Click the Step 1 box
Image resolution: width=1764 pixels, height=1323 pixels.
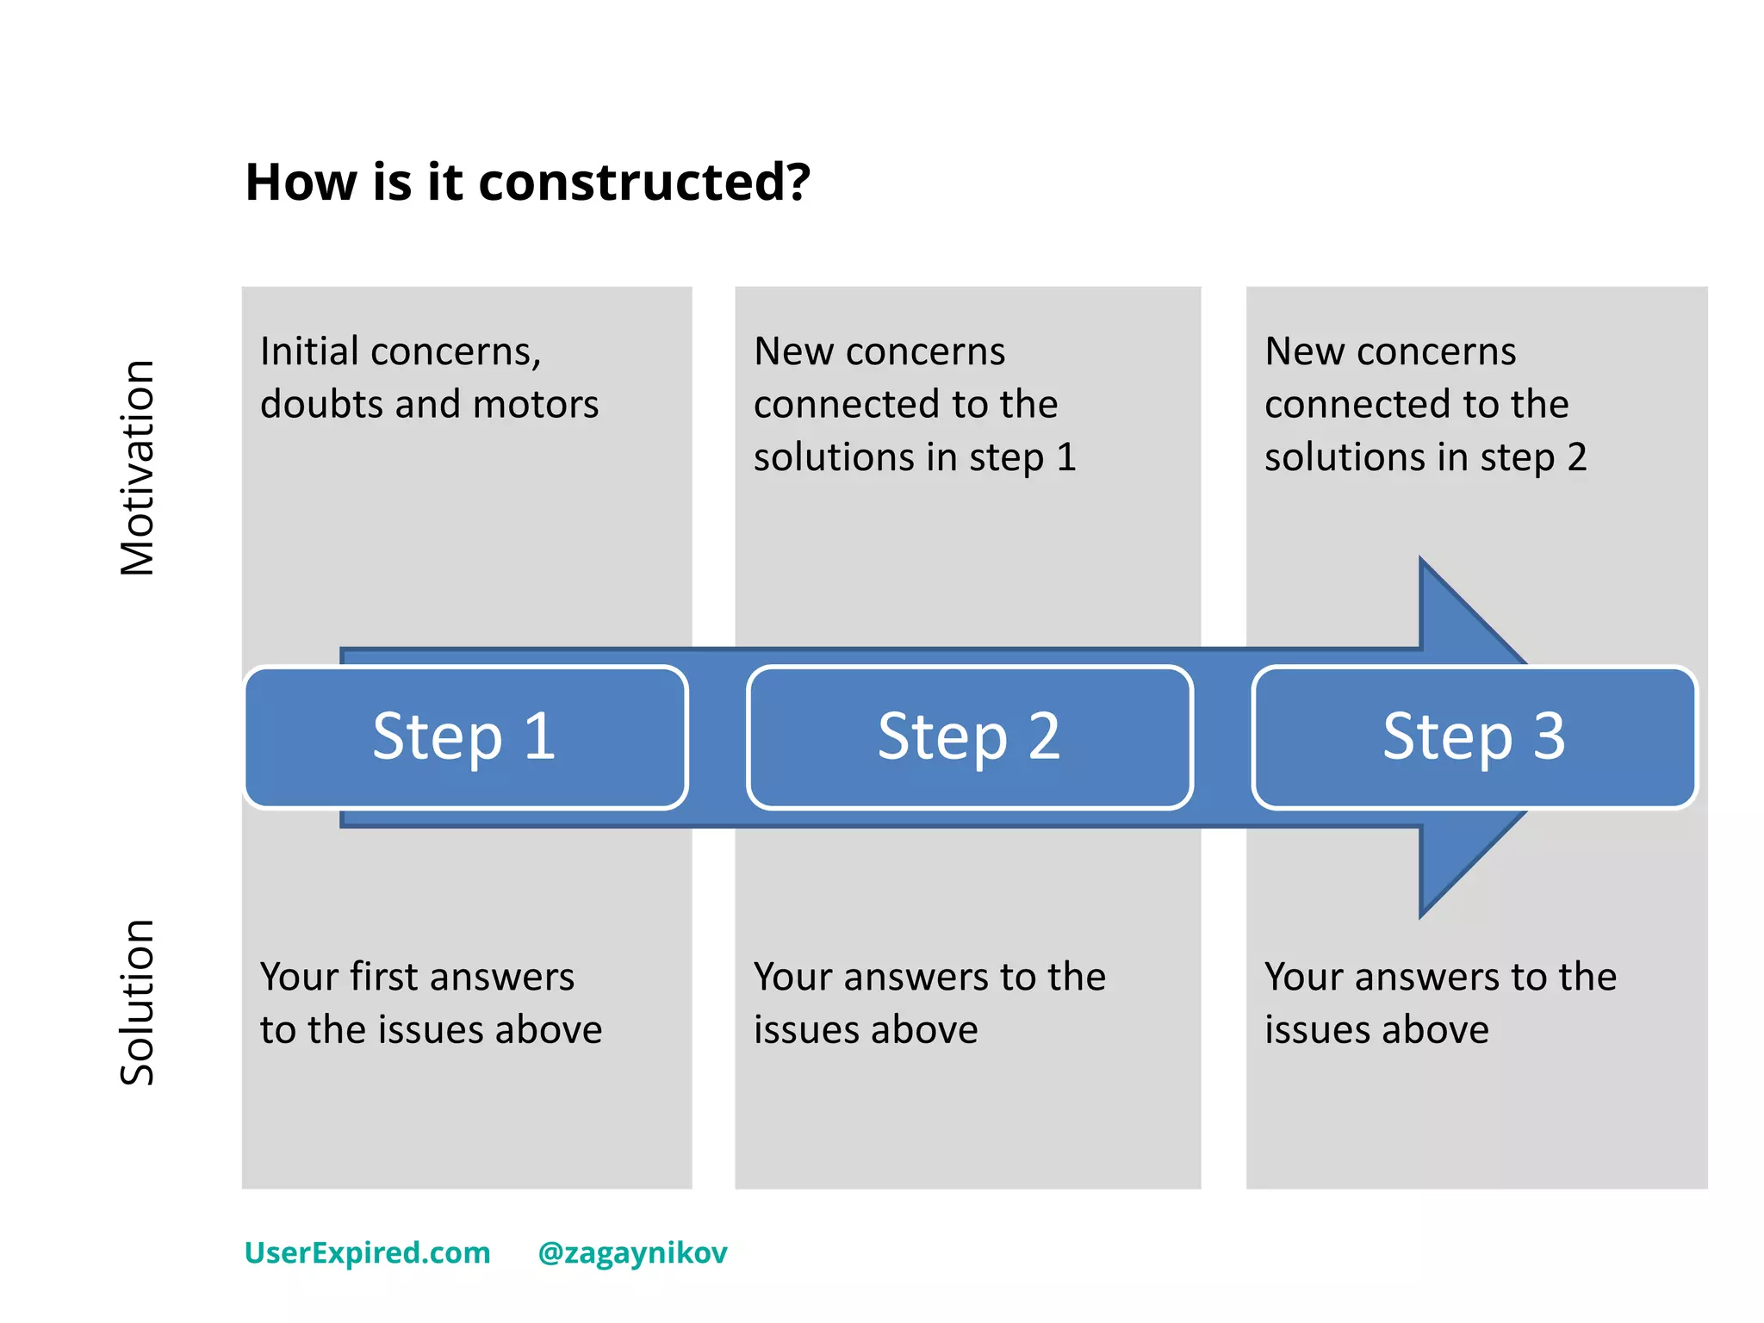(x=466, y=737)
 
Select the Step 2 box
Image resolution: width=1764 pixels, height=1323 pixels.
(x=970, y=737)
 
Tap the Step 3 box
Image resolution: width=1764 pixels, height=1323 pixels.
(x=1474, y=737)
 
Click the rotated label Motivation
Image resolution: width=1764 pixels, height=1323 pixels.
(x=138, y=468)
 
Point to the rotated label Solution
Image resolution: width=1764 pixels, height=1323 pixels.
(x=138, y=1002)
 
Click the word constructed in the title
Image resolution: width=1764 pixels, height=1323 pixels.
(x=643, y=183)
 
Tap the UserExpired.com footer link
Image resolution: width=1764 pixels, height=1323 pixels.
(x=368, y=1252)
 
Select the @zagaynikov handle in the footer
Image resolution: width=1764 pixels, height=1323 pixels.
(x=632, y=1252)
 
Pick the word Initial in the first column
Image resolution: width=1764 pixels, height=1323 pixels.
(x=310, y=351)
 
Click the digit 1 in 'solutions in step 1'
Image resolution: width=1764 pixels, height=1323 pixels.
(x=1066, y=457)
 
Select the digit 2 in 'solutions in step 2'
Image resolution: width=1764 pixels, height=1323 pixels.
(x=1577, y=457)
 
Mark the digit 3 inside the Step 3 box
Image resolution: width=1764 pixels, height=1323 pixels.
(x=1549, y=737)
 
